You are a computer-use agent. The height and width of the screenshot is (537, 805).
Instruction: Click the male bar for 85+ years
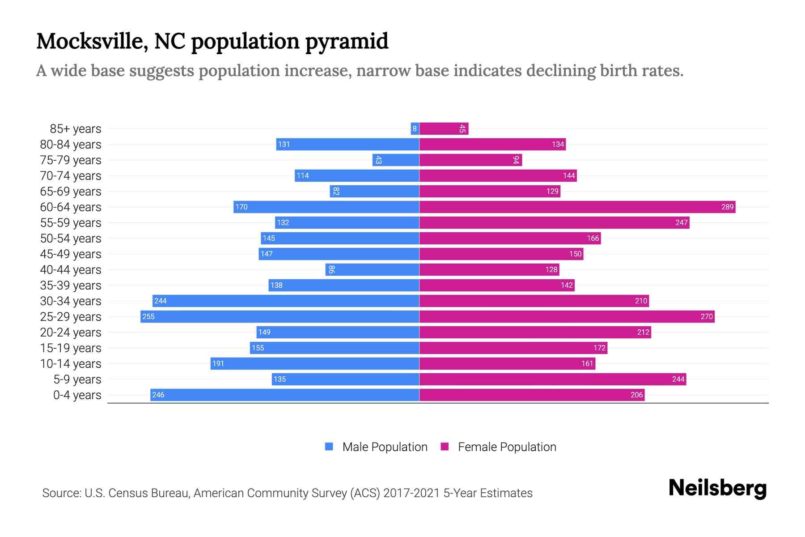415,129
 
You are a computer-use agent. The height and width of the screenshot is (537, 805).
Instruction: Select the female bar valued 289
577,207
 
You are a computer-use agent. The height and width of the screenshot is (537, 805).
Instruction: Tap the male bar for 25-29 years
280,316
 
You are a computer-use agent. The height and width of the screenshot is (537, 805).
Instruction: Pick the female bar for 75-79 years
470,160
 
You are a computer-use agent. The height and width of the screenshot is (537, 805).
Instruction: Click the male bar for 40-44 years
372,269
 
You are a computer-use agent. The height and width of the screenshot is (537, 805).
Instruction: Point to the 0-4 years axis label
77,395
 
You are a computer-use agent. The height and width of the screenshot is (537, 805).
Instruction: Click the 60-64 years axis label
71,207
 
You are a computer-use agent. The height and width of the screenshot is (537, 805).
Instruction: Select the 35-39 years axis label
71,286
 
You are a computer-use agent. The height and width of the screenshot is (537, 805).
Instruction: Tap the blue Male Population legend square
329,447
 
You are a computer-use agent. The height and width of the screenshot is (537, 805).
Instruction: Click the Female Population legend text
507,447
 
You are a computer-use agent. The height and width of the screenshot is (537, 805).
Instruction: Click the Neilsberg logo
717,488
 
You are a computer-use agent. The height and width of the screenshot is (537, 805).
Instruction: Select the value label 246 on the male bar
158,395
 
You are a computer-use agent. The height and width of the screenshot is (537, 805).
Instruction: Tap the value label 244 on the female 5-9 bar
678,379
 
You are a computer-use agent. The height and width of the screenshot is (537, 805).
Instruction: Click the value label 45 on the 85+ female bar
462,129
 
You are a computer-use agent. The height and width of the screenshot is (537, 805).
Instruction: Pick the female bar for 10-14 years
507,363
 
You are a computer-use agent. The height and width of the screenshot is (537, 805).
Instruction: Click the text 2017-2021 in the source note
411,493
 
